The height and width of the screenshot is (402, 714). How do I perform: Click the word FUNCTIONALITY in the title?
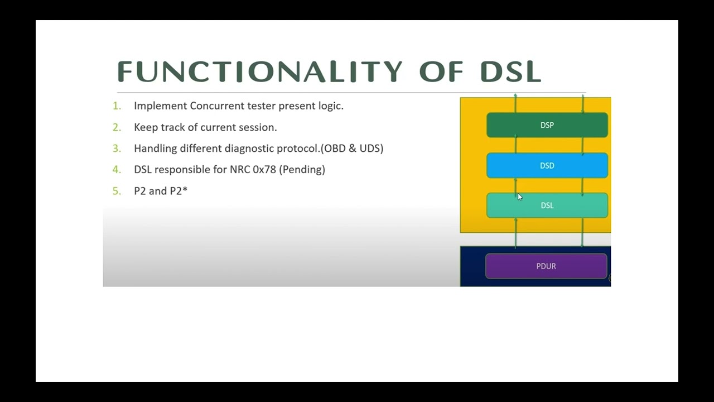coord(259,72)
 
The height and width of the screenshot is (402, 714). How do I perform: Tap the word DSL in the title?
coord(510,72)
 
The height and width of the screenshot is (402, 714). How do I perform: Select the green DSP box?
coord(547,125)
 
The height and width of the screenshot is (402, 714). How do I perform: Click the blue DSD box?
coord(547,165)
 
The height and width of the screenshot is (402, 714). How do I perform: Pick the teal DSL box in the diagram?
coord(547,205)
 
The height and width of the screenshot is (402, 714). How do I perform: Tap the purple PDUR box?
coord(546,266)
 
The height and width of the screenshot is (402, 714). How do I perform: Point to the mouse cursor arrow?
coord(520,197)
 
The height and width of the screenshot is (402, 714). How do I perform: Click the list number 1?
coord(117,106)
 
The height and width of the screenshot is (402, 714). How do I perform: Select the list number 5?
coord(117,191)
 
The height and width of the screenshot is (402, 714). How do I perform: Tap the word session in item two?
coord(258,127)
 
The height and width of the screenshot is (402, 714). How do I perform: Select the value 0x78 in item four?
coord(264,170)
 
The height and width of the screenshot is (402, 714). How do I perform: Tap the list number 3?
coord(117,149)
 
